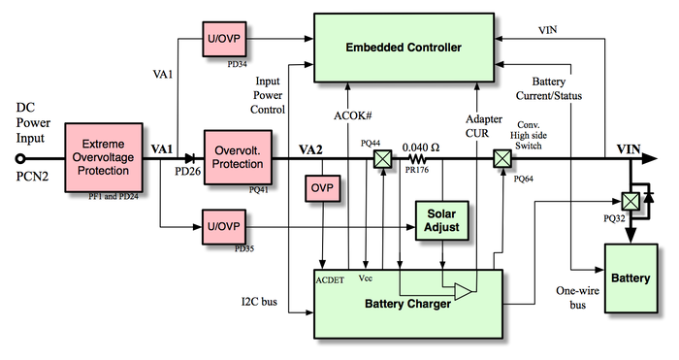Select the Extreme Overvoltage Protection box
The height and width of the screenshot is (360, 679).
(103, 157)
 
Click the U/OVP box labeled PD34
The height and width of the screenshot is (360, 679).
(226, 39)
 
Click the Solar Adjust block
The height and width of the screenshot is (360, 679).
(442, 219)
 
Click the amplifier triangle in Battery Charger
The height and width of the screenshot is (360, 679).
(464, 291)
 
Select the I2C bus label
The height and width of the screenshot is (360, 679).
(258, 302)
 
